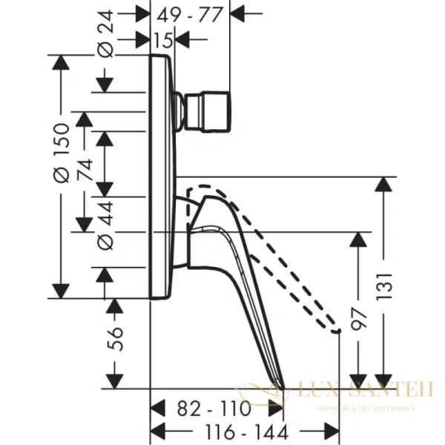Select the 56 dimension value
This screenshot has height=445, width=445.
click(113, 342)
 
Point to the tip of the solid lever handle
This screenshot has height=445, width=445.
click(284, 386)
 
